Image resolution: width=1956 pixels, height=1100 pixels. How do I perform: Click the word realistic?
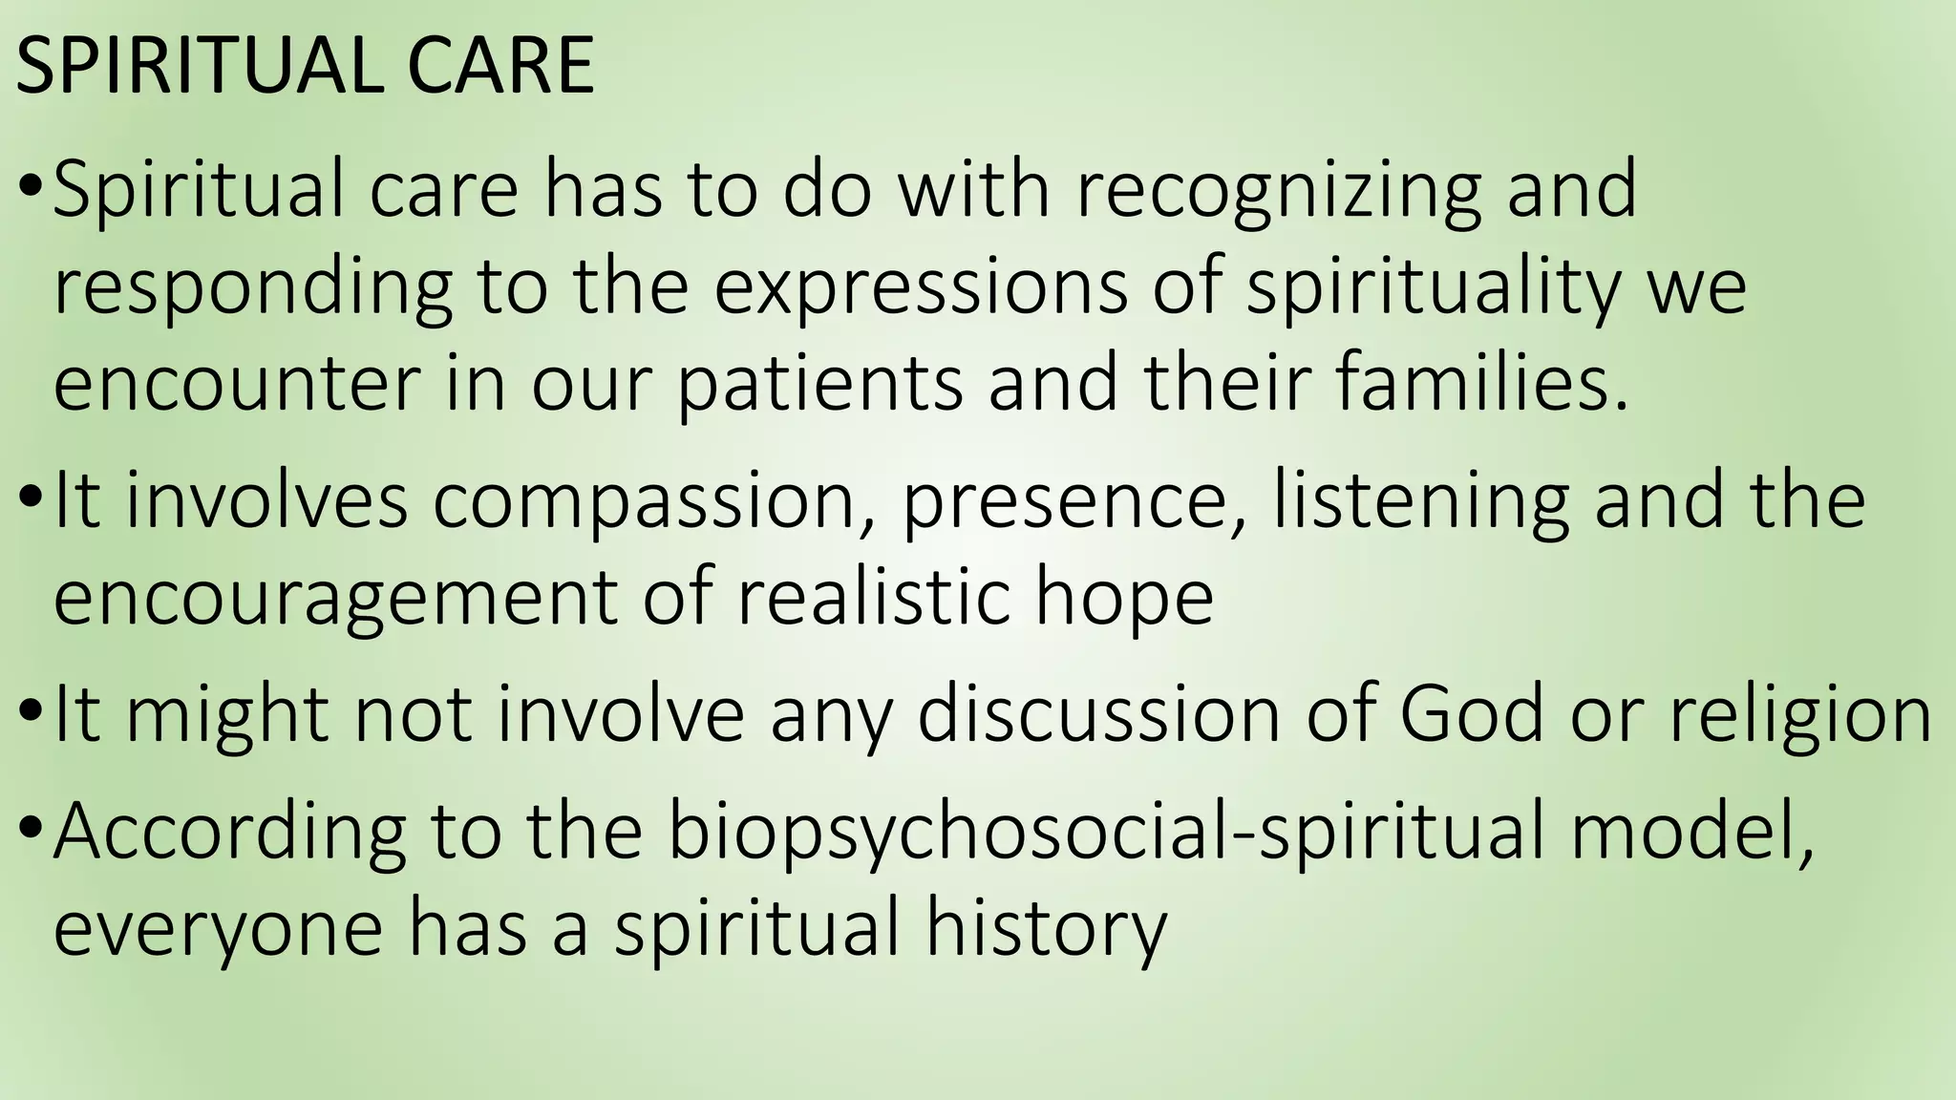click(873, 596)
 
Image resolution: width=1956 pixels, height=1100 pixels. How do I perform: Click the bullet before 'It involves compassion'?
click(30, 499)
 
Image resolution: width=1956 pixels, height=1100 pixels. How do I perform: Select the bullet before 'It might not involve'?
click(30, 713)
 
